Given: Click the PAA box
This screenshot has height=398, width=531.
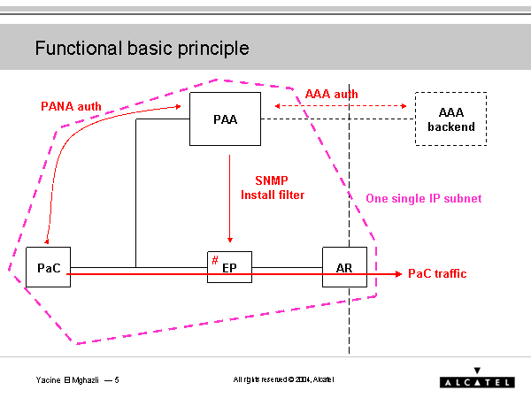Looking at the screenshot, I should (x=225, y=119).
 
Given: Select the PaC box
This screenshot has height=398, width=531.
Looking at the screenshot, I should (x=48, y=266).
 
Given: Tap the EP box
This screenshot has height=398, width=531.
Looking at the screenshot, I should (x=229, y=266).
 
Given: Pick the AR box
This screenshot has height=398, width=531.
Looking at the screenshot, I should (x=344, y=266).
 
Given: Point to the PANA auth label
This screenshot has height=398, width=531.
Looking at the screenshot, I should (x=71, y=106).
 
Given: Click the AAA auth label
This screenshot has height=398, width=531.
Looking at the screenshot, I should (x=331, y=93).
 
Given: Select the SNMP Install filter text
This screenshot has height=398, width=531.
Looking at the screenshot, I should (x=273, y=187).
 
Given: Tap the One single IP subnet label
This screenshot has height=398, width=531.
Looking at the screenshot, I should (x=423, y=199).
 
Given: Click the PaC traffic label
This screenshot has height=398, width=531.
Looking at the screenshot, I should (x=436, y=274).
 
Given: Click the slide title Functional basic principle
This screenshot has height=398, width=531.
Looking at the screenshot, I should (x=142, y=48).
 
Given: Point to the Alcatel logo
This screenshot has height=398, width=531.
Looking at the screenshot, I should (x=476, y=378).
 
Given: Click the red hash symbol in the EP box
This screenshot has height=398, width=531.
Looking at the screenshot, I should (x=215, y=260).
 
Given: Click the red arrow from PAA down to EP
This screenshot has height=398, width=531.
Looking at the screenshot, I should (x=229, y=199).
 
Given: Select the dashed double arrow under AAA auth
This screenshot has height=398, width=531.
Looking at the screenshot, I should (x=342, y=106).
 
